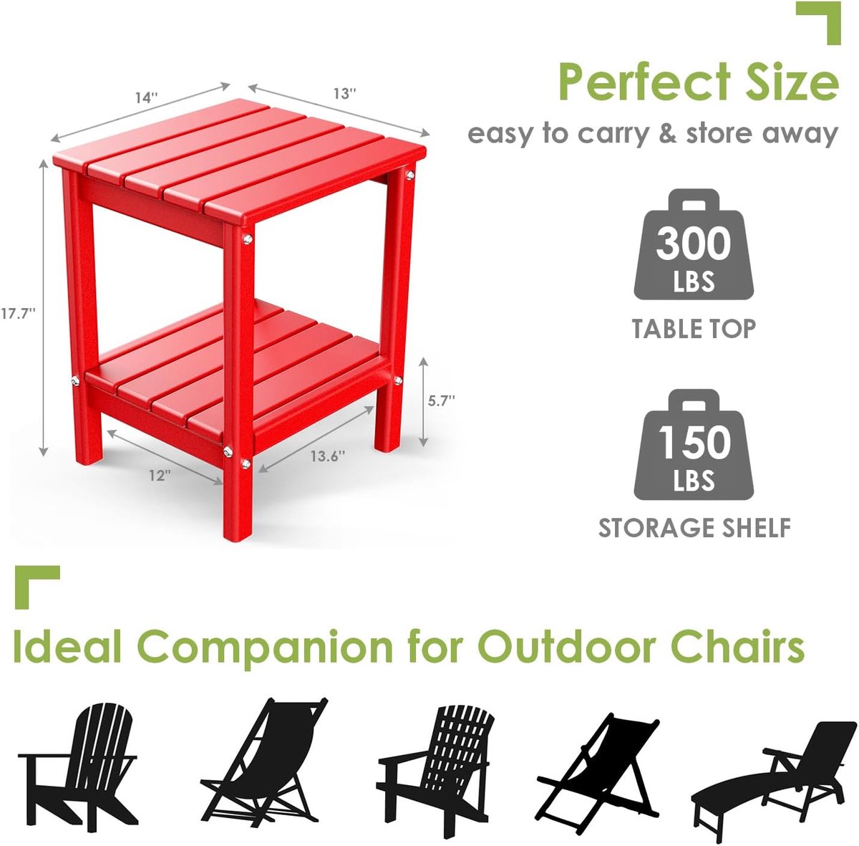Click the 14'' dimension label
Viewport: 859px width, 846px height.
point(147,97)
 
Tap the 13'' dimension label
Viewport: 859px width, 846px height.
point(345,94)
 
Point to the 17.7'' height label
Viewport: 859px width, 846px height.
point(18,314)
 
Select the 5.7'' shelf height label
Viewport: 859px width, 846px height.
point(442,400)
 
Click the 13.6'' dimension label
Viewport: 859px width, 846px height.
point(328,456)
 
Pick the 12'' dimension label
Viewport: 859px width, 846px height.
point(160,476)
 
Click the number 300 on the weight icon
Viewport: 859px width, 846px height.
point(693,244)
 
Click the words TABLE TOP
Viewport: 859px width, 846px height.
point(694,329)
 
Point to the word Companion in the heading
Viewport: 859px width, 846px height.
point(269,648)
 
